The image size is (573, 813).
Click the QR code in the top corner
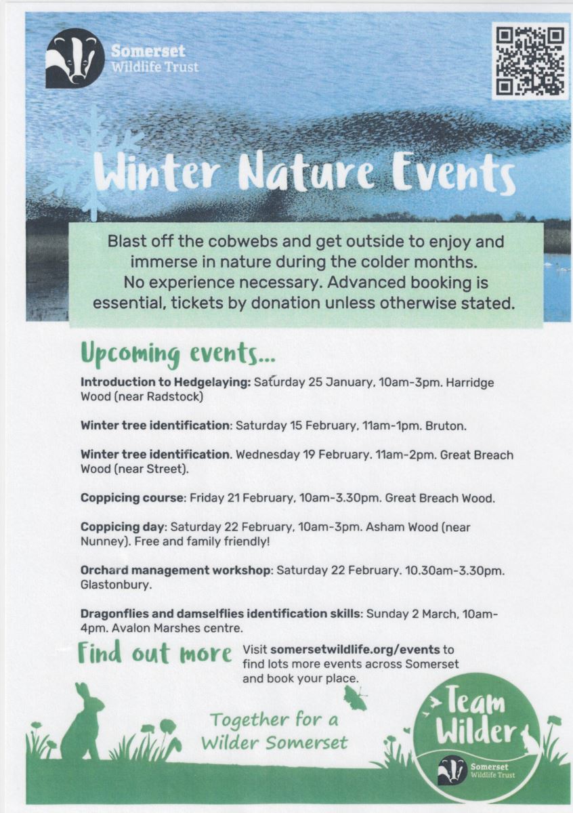coord(530,60)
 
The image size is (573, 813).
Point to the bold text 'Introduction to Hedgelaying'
coord(165,382)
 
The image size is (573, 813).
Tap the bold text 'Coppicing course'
coord(132,498)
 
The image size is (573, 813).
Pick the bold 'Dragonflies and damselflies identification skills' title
coord(221,614)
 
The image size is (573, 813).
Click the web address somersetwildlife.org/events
coord(355,650)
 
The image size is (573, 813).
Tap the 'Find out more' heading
coord(154,653)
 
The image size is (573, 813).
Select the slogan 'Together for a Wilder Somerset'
coord(274,730)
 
